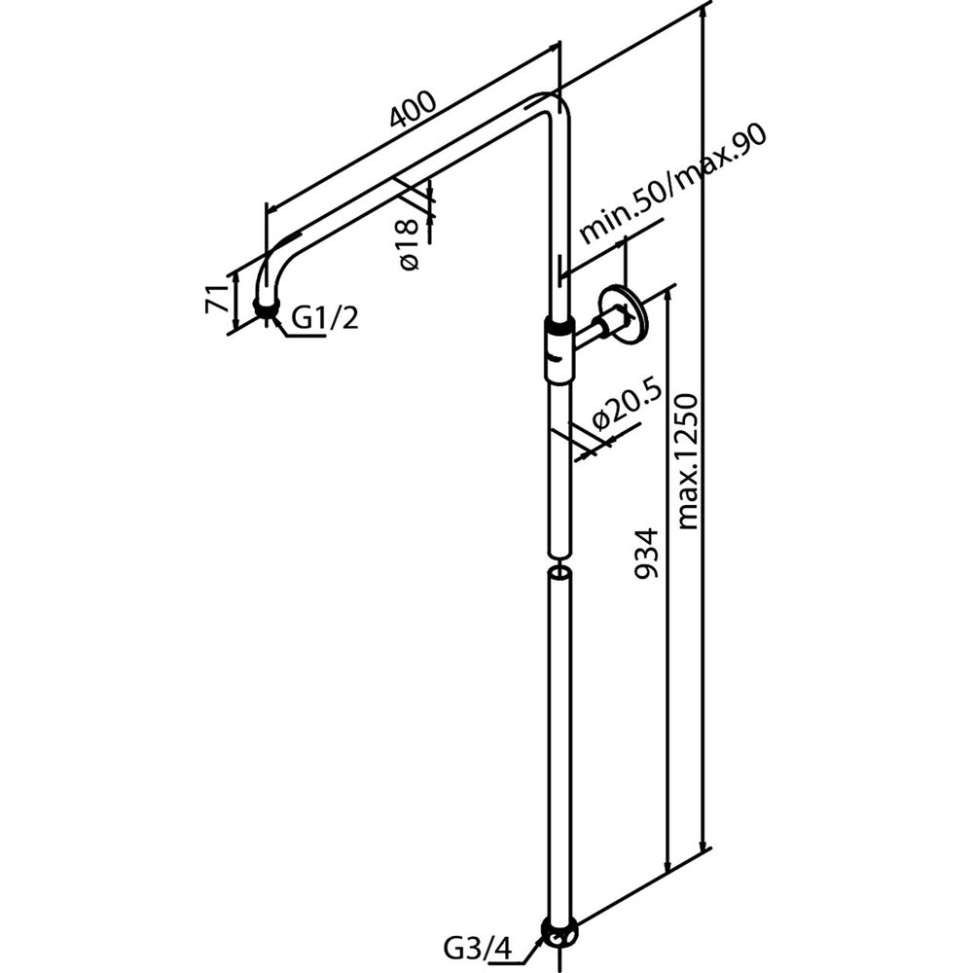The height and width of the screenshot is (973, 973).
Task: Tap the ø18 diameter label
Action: click(409, 244)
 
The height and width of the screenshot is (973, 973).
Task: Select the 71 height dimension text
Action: click(215, 299)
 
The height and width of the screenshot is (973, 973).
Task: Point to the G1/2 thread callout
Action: click(325, 318)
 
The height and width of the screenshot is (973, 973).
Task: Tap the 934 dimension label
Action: click(645, 554)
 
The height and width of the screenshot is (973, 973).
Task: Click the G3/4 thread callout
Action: click(479, 949)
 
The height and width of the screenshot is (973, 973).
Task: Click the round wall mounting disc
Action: click(624, 313)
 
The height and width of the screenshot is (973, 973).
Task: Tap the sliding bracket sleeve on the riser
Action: click(559, 349)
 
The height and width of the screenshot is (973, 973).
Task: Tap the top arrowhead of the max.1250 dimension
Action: click(704, 14)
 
